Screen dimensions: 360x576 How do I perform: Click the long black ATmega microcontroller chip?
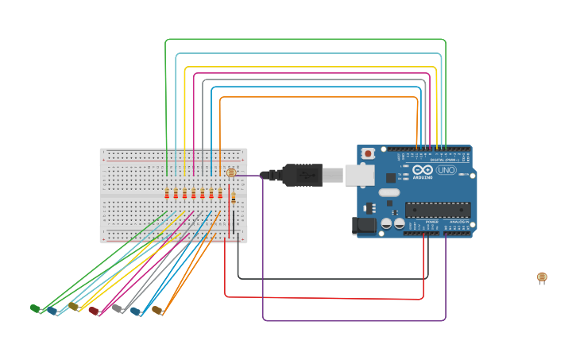pyautogui.click(x=437, y=210)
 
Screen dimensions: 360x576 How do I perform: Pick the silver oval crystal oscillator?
pyautogui.click(x=389, y=192)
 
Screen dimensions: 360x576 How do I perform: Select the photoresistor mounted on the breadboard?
pyautogui.click(x=230, y=172)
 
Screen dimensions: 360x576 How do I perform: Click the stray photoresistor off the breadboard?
pyautogui.click(x=542, y=277)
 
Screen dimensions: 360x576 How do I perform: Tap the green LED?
pyautogui.click(x=35, y=308)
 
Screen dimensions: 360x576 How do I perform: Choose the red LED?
pyautogui.click(x=94, y=311)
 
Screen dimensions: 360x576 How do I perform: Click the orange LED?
pyautogui.click(x=157, y=310)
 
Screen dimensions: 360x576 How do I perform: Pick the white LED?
pyautogui.click(x=118, y=308)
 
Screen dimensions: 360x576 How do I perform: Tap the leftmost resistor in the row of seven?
pyautogui.click(x=167, y=193)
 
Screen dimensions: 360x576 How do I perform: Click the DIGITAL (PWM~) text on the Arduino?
pyautogui.click(x=443, y=160)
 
